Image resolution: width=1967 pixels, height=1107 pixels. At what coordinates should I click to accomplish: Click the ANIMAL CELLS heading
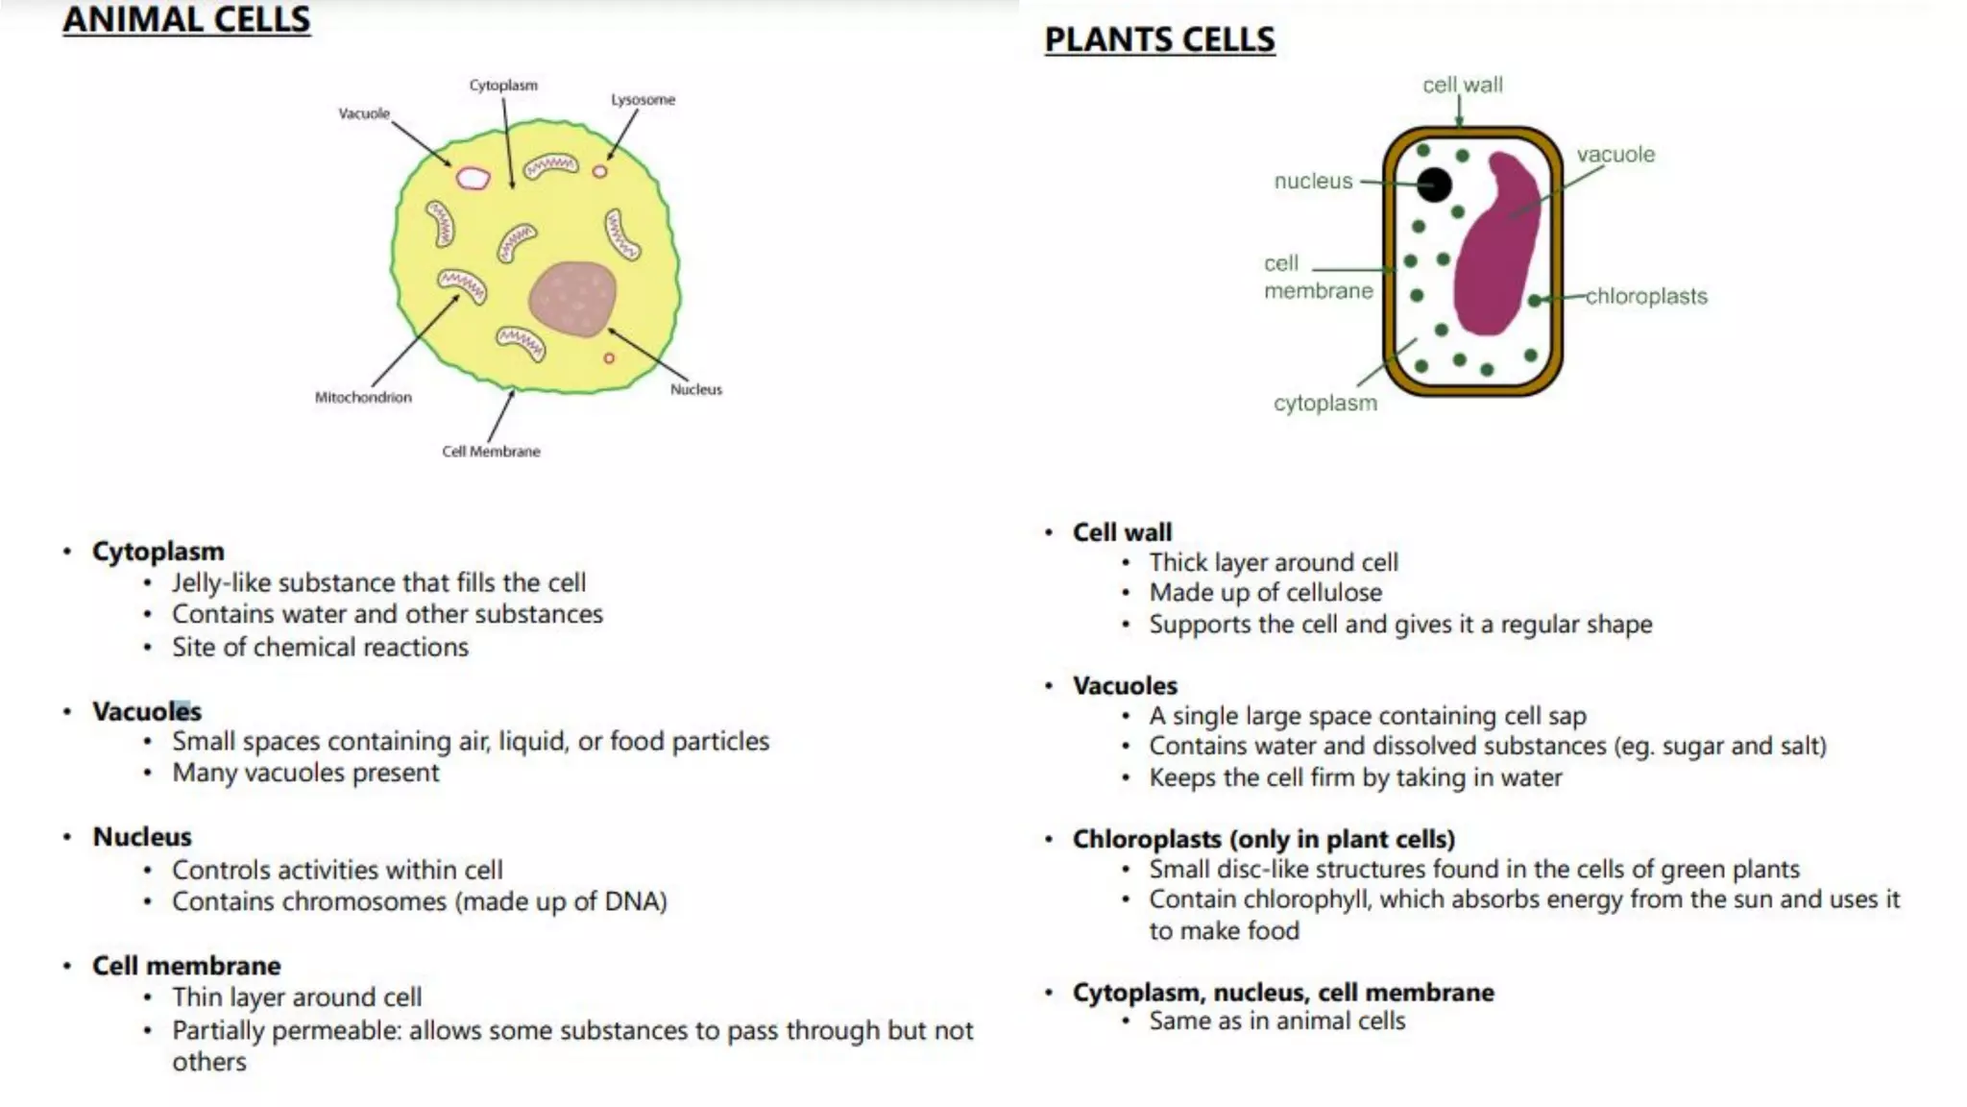click(186, 19)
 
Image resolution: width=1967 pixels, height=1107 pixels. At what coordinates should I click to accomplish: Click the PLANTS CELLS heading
click(1159, 39)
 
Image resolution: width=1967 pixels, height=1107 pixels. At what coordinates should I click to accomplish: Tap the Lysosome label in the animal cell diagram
click(643, 99)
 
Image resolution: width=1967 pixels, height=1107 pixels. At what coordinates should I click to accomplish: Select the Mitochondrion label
click(363, 397)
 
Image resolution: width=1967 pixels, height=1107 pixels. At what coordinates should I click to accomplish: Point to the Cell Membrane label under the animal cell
click(491, 451)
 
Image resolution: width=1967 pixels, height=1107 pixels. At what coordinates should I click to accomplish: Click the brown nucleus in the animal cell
click(572, 299)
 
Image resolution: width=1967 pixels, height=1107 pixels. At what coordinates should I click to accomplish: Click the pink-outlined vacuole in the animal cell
click(472, 178)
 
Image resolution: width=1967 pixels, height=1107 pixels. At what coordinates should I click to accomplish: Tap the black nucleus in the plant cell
click(1434, 184)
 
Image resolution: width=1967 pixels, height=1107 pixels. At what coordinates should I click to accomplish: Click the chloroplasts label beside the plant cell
click(1646, 296)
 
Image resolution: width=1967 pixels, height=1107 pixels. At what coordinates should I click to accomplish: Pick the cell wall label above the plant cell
click(1463, 85)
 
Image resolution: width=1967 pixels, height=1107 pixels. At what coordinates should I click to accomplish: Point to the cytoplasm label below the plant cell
click(1325, 404)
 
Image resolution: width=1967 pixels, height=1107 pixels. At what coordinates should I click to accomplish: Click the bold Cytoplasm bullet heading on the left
click(158, 552)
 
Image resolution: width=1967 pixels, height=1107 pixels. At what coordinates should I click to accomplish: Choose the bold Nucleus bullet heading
click(142, 837)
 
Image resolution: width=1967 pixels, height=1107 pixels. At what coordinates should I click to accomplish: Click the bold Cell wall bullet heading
click(1122, 532)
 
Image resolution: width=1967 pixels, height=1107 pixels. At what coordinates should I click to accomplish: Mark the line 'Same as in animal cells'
click(1277, 1021)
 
